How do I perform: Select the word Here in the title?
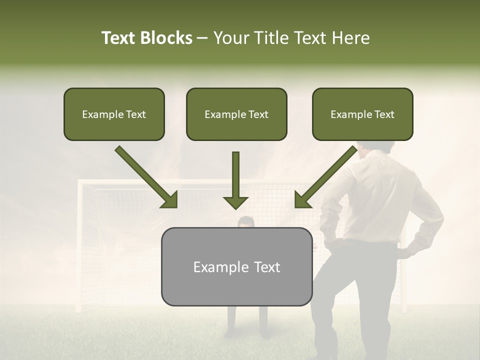tap(350, 38)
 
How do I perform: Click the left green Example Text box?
tap(114, 114)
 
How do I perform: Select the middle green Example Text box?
tap(236, 114)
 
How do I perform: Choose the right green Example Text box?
tap(362, 114)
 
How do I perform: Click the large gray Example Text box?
tap(236, 267)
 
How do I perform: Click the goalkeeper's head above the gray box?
tap(245, 222)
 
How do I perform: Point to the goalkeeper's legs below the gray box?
tap(246, 320)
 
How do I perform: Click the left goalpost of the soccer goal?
tap(79, 245)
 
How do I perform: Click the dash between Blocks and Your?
tap(202, 38)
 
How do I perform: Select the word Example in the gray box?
tap(214, 267)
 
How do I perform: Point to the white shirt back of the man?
tap(380, 195)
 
